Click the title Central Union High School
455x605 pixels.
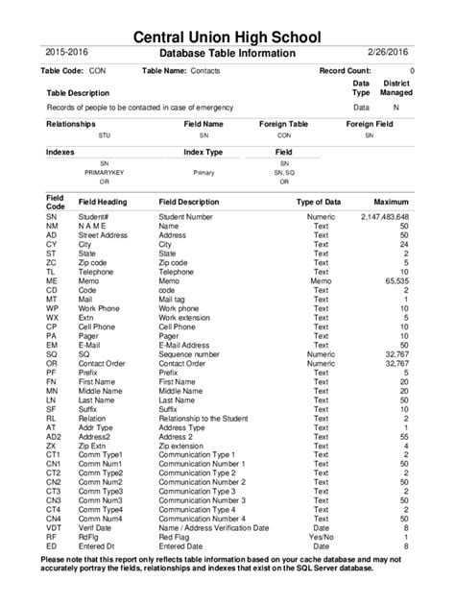tap(227, 36)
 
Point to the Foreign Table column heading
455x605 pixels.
tap(283, 125)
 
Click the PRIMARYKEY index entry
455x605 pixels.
tap(104, 172)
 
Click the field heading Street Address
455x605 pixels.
tap(103, 235)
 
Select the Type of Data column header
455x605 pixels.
tap(318, 203)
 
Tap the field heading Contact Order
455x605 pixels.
tap(102, 363)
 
